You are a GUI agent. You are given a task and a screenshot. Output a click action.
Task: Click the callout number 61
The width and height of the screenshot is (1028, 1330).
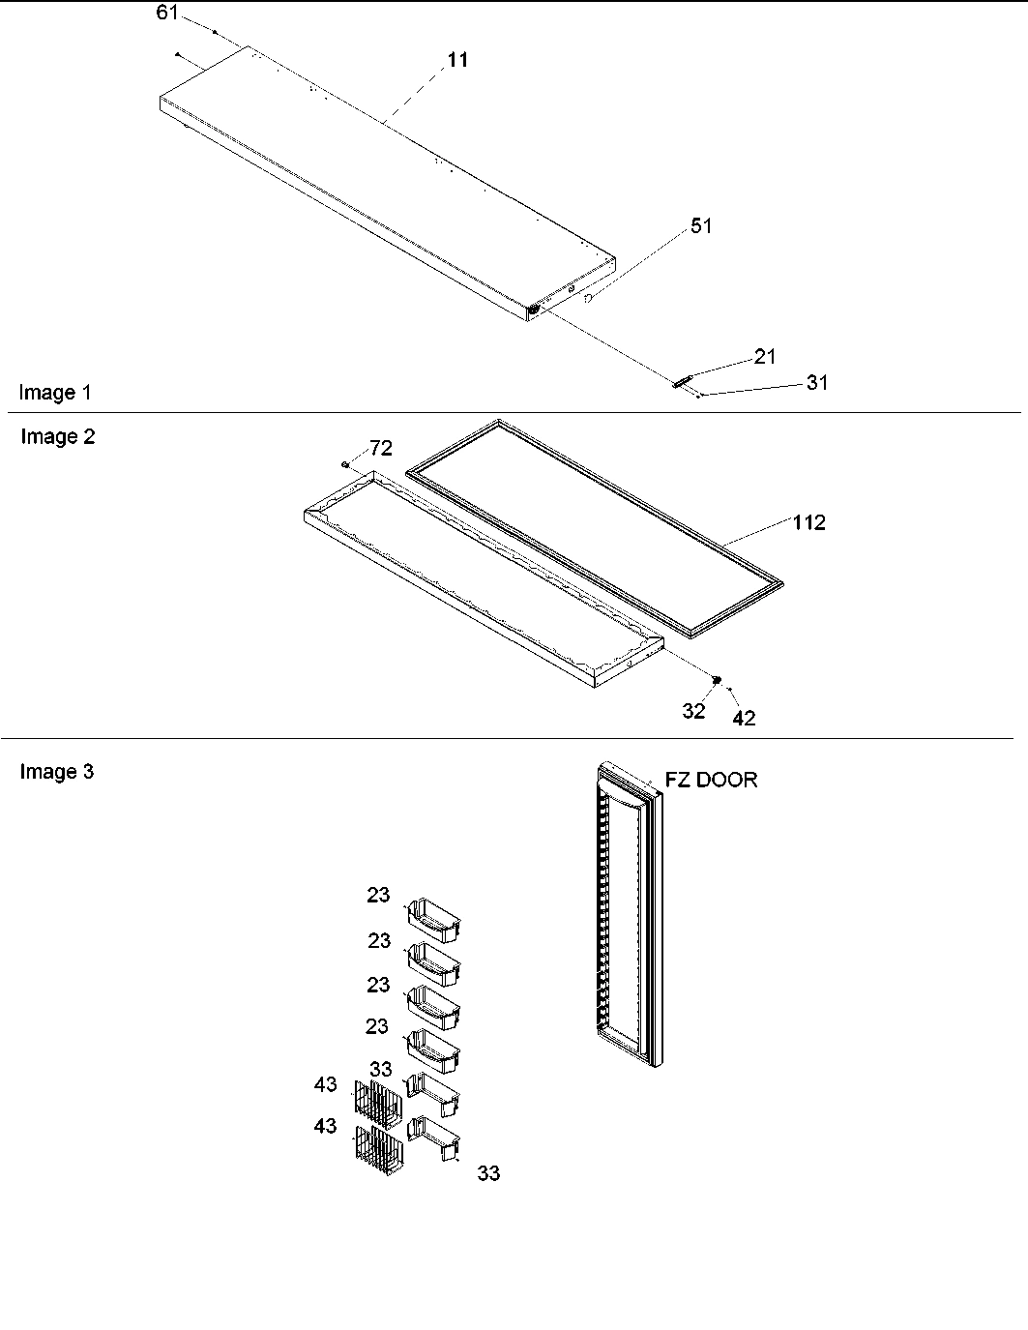pos(166,13)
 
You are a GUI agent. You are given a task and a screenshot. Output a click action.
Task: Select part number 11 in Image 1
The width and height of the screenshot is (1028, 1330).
pos(457,60)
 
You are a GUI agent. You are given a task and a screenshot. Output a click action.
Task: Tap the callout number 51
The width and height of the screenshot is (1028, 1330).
pos(701,225)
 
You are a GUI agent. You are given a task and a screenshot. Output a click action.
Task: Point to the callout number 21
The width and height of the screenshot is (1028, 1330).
pos(765,357)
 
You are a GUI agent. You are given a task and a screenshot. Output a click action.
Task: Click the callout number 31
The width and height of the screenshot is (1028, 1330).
pos(817,383)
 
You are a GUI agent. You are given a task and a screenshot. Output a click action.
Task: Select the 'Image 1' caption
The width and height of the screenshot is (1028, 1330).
pos(55,393)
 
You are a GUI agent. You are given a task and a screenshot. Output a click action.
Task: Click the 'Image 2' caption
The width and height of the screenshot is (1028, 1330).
pos(58,437)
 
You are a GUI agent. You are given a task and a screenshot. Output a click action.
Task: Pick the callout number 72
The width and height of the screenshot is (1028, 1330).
pos(381,449)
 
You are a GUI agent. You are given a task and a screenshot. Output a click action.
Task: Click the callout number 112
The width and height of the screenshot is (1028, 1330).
pos(809,523)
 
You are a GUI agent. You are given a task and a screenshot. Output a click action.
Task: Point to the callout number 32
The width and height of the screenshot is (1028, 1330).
pos(693,711)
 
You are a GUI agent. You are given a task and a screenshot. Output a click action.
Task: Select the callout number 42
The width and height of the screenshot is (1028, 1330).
pos(744,718)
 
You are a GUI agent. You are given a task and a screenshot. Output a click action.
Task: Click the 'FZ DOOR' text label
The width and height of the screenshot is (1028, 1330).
pos(711,780)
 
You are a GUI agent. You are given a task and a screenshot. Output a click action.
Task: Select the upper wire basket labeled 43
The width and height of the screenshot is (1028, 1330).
pos(377,1104)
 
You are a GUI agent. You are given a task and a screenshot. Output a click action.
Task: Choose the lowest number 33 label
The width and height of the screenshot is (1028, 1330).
pos(489,1173)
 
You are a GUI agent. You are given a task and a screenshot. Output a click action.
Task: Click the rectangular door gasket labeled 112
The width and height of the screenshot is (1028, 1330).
pos(595,527)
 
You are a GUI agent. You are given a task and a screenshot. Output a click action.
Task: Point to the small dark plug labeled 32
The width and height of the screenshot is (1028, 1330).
pos(717,681)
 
